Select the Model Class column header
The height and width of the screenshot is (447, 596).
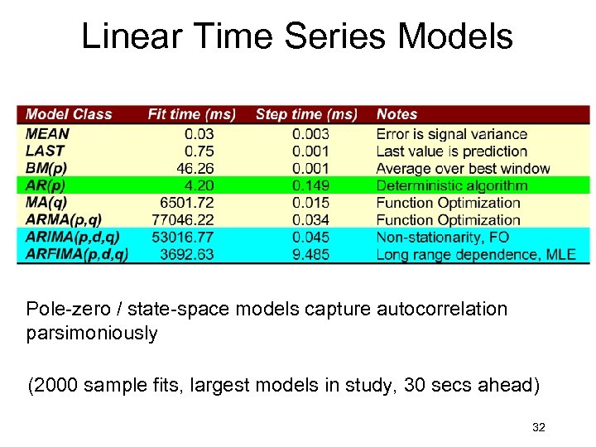(69, 114)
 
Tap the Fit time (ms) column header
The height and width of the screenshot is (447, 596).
(191, 114)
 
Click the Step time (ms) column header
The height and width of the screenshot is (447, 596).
(306, 114)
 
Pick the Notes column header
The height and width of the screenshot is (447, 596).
(397, 114)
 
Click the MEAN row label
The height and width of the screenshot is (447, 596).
(48, 133)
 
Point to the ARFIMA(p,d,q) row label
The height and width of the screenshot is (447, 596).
(77, 254)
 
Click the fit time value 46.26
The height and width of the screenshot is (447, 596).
(194, 168)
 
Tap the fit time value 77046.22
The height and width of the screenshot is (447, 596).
(183, 220)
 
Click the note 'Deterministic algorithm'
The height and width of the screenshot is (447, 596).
(451, 185)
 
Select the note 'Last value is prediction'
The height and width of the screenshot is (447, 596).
(451, 151)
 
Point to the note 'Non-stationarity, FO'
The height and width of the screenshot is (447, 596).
(442, 237)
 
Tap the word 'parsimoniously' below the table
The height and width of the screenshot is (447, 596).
(92, 333)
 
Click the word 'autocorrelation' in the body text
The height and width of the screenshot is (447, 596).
(441, 310)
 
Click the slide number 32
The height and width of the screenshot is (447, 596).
(539, 427)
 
